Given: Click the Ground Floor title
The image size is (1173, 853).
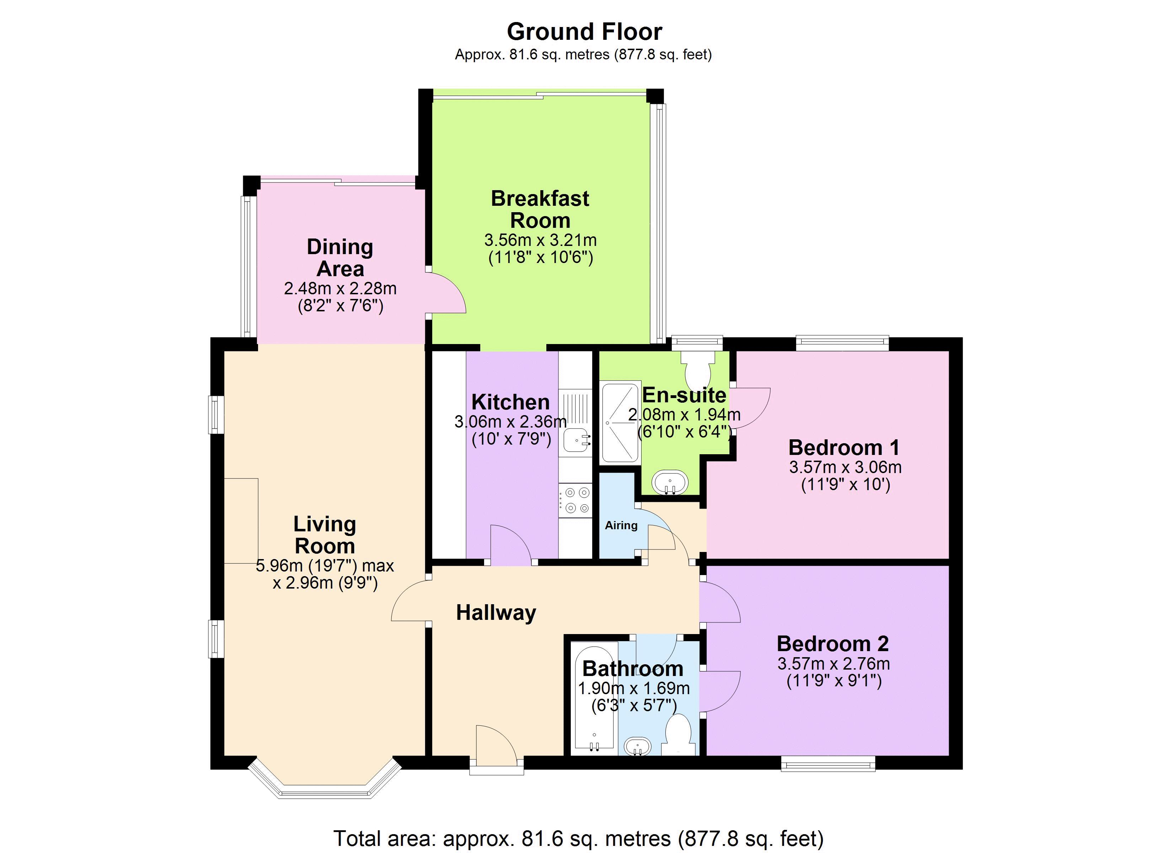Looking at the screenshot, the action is (x=584, y=32).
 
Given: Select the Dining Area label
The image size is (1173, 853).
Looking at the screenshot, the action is (x=340, y=258).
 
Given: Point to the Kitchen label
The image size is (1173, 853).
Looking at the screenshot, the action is (x=510, y=402).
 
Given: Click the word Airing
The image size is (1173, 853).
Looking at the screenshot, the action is (x=621, y=526).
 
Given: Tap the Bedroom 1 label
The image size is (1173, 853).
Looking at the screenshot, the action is (x=844, y=447).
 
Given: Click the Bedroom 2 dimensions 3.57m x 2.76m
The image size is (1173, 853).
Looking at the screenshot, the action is (x=834, y=664).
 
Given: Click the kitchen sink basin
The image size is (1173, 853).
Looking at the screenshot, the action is (x=576, y=441).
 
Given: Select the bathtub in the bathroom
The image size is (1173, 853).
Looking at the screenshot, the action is (x=594, y=698).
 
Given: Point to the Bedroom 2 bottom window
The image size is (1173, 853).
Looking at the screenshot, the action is (x=828, y=763).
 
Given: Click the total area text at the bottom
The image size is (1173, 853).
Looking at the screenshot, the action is (x=578, y=838).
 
